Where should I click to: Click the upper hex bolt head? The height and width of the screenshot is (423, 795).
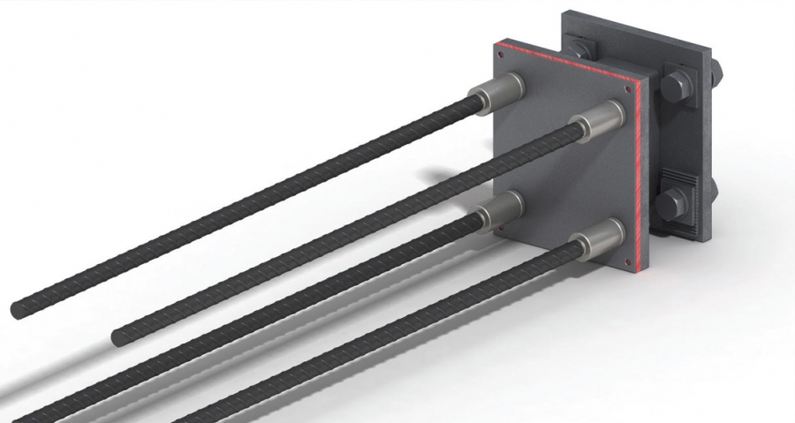[x=676, y=87]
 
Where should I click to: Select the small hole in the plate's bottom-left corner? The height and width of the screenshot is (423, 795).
[x=501, y=230]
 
